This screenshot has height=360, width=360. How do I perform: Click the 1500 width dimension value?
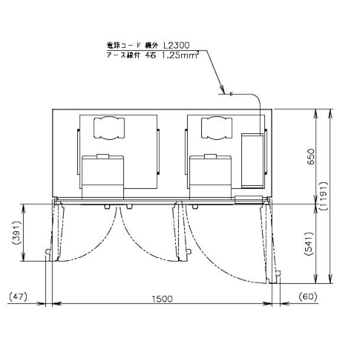pos(161,299)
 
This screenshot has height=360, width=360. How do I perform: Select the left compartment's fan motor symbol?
pos(108,127)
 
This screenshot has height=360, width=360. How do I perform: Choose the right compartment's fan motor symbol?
pos(216,127)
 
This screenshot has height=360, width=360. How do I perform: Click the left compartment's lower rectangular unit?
pos(102,176)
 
